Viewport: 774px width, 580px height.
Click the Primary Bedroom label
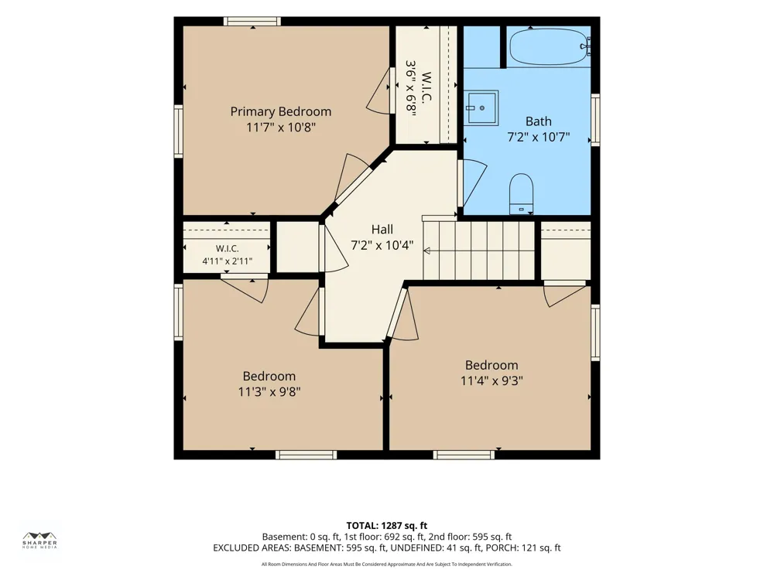click(x=280, y=111)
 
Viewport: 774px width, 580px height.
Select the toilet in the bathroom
click(x=521, y=194)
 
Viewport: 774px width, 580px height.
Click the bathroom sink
click(x=481, y=108)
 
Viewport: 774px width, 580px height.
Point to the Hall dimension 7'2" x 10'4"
click(x=382, y=245)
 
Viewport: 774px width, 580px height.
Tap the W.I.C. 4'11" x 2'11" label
click(x=227, y=255)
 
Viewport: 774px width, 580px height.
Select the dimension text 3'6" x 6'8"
click(x=411, y=88)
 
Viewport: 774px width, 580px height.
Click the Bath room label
click(x=539, y=121)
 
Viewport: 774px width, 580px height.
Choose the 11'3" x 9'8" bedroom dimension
click(x=269, y=392)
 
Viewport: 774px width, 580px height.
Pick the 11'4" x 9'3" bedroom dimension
click(x=491, y=380)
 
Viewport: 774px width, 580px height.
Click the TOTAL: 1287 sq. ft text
click(x=386, y=526)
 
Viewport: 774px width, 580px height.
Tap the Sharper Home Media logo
click(x=40, y=540)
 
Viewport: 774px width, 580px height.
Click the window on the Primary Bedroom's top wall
click(x=252, y=21)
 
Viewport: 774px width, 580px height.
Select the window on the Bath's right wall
click(x=595, y=120)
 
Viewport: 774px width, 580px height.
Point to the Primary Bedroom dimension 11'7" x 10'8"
click(x=281, y=128)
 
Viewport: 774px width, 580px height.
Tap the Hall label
click(x=382, y=230)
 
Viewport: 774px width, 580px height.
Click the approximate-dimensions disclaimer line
click(x=386, y=565)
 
